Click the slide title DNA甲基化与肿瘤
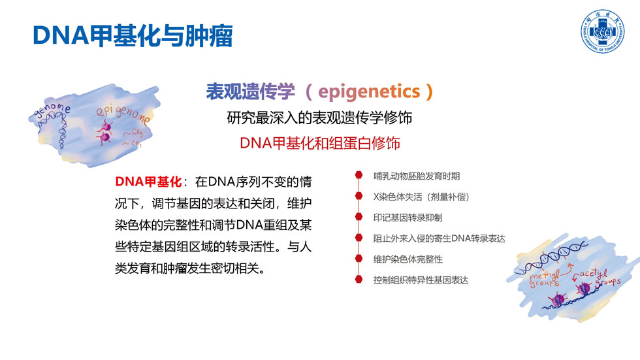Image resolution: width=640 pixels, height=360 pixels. click(133, 35)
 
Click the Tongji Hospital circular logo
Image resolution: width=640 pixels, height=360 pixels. click(602, 31)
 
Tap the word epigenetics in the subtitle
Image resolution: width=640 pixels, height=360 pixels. click(369, 91)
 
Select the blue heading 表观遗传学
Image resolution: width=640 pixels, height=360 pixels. click(250, 91)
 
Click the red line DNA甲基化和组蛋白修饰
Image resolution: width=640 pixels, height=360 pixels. click(319, 143)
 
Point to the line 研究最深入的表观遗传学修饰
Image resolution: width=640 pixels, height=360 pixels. click(319, 118)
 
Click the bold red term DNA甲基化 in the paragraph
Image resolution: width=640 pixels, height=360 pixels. click(148, 182)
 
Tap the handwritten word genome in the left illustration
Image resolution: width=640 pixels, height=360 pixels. click(52, 110)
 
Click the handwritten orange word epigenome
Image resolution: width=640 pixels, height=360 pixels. click(123, 114)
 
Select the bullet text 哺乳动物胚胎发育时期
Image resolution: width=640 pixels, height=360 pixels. click(417, 176)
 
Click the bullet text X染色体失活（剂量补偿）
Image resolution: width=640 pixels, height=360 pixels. click(421, 197)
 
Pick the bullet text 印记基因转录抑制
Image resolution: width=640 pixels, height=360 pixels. click(408, 218)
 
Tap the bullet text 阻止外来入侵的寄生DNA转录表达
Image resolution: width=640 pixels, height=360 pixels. click(439, 238)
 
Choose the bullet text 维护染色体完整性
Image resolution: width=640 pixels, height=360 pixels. click(408, 259)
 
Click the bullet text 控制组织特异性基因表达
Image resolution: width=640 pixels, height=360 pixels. click(421, 280)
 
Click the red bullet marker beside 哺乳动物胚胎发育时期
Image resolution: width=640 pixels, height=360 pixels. click(359, 175)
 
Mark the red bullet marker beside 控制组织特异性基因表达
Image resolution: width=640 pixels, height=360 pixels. click(359, 279)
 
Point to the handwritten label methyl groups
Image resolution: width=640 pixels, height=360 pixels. click(545, 278)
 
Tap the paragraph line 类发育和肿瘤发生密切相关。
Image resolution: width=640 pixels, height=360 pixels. click(190, 269)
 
